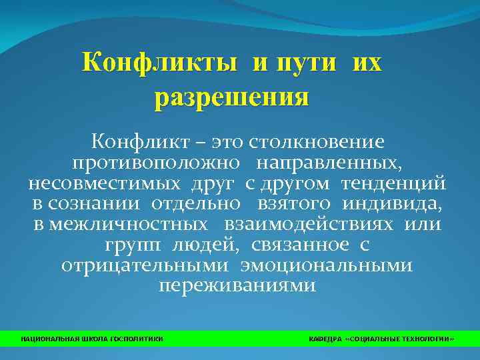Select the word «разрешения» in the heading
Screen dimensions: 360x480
pyautogui.click(x=232, y=98)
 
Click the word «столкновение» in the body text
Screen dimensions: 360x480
pyautogui.click(x=316, y=142)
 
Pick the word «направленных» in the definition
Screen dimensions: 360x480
pyautogui.click(x=332, y=163)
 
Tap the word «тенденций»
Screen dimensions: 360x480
pyautogui.click(x=394, y=183)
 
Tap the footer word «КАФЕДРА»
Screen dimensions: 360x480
pyautogui.click(x=325, y=339)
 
